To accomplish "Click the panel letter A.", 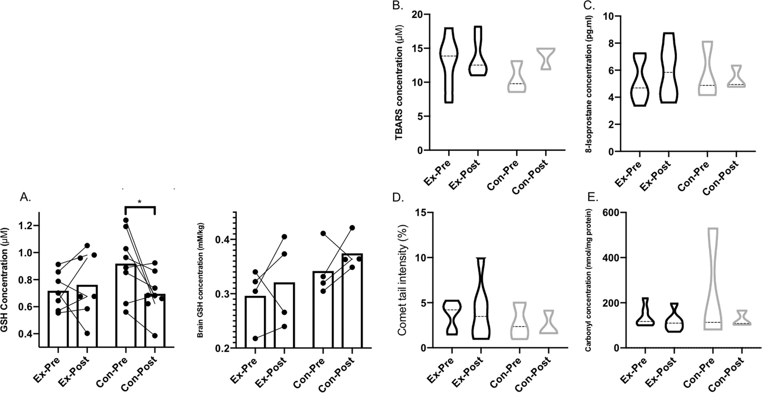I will (x=25, y=198).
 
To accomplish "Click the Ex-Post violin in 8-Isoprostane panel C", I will (x=669, y=68).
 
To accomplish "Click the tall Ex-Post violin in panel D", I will (x=481, y=298).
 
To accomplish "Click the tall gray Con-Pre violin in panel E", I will (x=713, y=279).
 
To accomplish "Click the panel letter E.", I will (x=593, y=198).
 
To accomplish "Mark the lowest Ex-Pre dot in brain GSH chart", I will (x=255, y=338).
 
